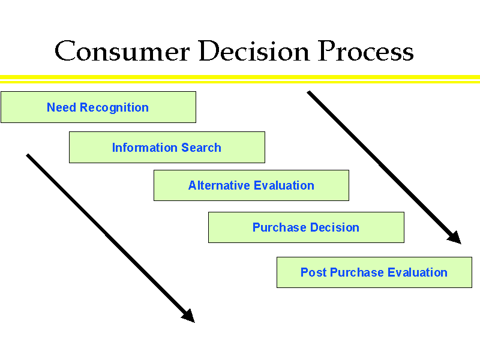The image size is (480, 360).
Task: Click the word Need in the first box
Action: tap(61, 108)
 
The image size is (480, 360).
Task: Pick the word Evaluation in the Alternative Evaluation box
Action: tap(284, 185)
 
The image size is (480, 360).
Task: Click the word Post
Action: tap(313, 272)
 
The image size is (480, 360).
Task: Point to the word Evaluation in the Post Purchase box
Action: tap(417, 272)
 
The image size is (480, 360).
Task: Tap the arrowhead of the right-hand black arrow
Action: tap(454, 238)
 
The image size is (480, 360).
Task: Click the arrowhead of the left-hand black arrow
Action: tap(188, 316)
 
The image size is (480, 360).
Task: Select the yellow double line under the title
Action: tap(240, 79)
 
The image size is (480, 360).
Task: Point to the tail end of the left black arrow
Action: tap(28, 156)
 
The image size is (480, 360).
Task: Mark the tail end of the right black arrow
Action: tap(310, 93)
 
